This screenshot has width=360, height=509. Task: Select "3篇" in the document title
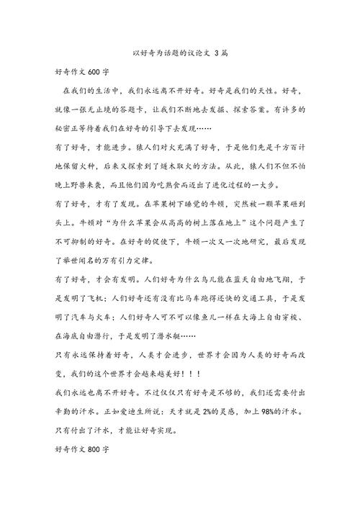pyautogui.click(x=220, y=54)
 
